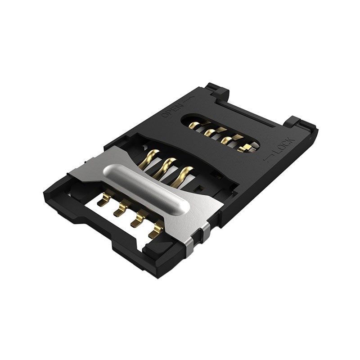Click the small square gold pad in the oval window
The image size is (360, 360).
(247, 148)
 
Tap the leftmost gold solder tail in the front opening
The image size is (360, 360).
(105, 199)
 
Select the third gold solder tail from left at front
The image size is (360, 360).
(138, 220)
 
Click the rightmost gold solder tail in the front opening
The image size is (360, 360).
(155, 230)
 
